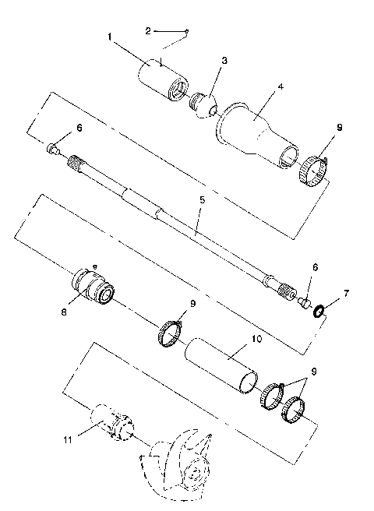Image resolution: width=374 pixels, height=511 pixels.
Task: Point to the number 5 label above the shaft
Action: click(202, 200)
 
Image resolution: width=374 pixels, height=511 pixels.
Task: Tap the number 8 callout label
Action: click(64, 310)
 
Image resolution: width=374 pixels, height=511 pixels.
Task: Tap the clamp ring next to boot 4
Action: click(313, 170)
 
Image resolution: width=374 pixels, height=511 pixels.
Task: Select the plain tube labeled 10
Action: click(222, 362)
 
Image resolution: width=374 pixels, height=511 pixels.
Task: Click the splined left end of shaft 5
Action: click(76, 164)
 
